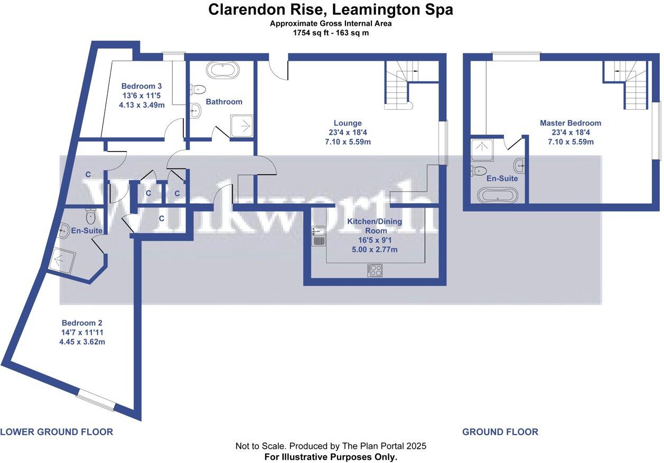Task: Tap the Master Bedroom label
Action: click(x=570, y=123)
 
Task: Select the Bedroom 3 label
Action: click(x=141, y=86)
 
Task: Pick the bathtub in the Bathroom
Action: click(x=222, y=70)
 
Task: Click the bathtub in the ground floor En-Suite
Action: click(x=494, y=195)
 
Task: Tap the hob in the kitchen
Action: click(x=375, y=270)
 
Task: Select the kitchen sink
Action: click(x=318, y=235)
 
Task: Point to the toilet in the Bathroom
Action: click(x=198, y=90)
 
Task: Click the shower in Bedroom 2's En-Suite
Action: click(x=62, y=260)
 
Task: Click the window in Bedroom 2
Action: click(x=96, y=399)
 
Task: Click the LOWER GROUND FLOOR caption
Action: click(x=57, y=432)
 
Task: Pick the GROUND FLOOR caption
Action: click(x=500, y=432)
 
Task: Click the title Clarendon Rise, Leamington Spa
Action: click(x=331, y=10)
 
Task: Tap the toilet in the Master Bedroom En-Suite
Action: click(x=480, y=171)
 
